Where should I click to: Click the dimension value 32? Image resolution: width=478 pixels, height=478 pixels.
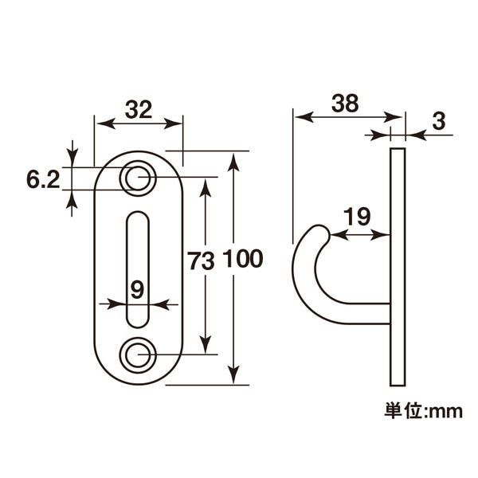click(139, 110)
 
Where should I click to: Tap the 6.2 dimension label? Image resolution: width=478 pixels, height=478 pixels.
click(43, 179)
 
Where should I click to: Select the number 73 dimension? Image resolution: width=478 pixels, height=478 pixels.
click(201, 261)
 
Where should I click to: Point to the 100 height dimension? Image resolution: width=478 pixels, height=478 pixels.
click(243, 259)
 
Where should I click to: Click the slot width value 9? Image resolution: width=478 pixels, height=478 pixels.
click(137, 290)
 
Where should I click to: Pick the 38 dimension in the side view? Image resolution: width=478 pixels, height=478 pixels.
click(345, 103)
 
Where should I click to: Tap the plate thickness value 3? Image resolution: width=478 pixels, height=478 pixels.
click(439, 121)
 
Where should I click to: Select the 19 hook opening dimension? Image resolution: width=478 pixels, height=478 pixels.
click(357, 217)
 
